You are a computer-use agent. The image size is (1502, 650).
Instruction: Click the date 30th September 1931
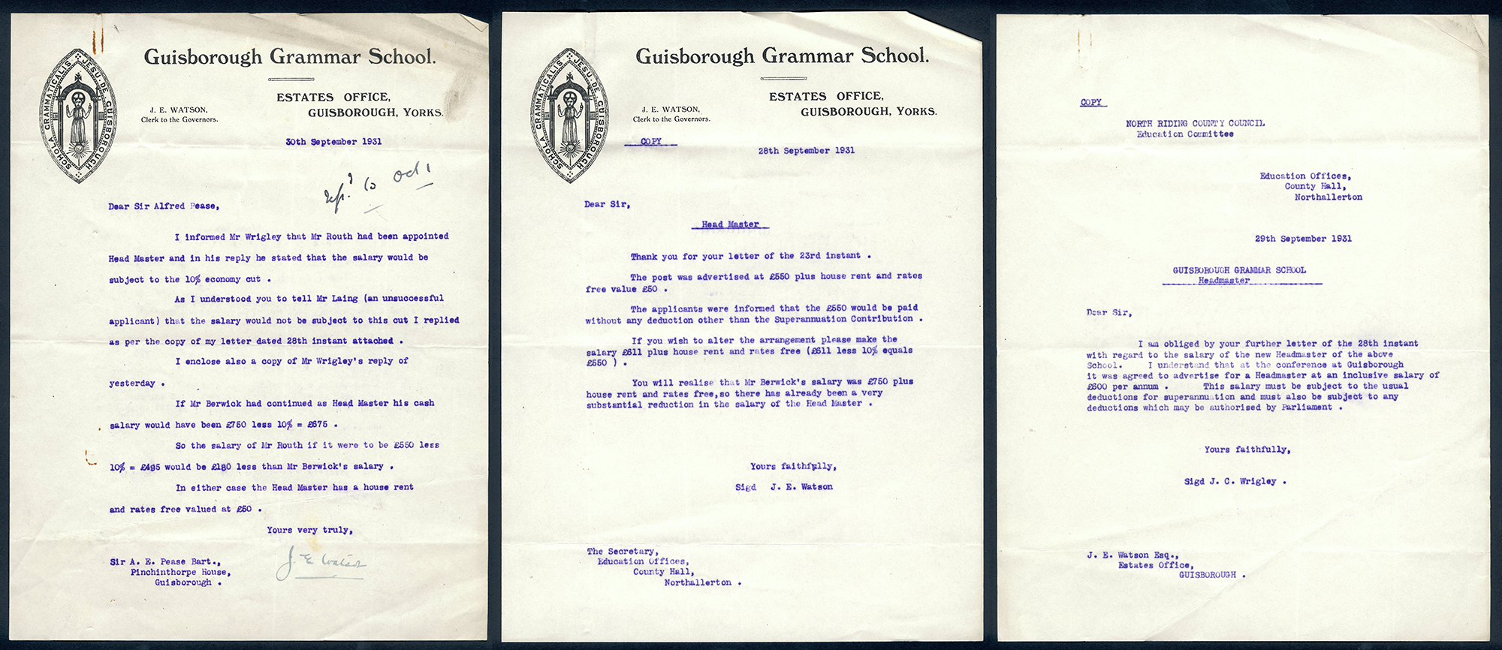click(333, 142)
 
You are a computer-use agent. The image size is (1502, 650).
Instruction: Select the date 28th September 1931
click(806, 151)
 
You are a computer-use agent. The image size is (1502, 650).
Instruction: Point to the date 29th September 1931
click(1303, 239)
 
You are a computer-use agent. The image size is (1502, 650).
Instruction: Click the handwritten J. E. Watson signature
click(321, 562)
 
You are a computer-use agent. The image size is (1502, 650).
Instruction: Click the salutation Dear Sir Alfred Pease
click(164, 206)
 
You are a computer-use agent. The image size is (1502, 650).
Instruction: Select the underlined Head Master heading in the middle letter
click(730, 224)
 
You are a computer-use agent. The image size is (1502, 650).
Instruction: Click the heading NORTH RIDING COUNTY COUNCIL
click(1195, 123)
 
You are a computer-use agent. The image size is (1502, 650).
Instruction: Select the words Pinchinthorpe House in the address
click(179, 572)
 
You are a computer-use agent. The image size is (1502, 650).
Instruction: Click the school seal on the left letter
click(78, 116)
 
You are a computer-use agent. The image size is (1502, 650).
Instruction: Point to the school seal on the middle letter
click(570, 116)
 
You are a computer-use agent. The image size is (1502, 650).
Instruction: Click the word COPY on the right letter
click(1091, 102)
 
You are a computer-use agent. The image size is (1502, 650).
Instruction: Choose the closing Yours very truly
click(309, 530)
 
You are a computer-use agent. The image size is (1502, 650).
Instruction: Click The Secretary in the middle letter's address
click(622, 552)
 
